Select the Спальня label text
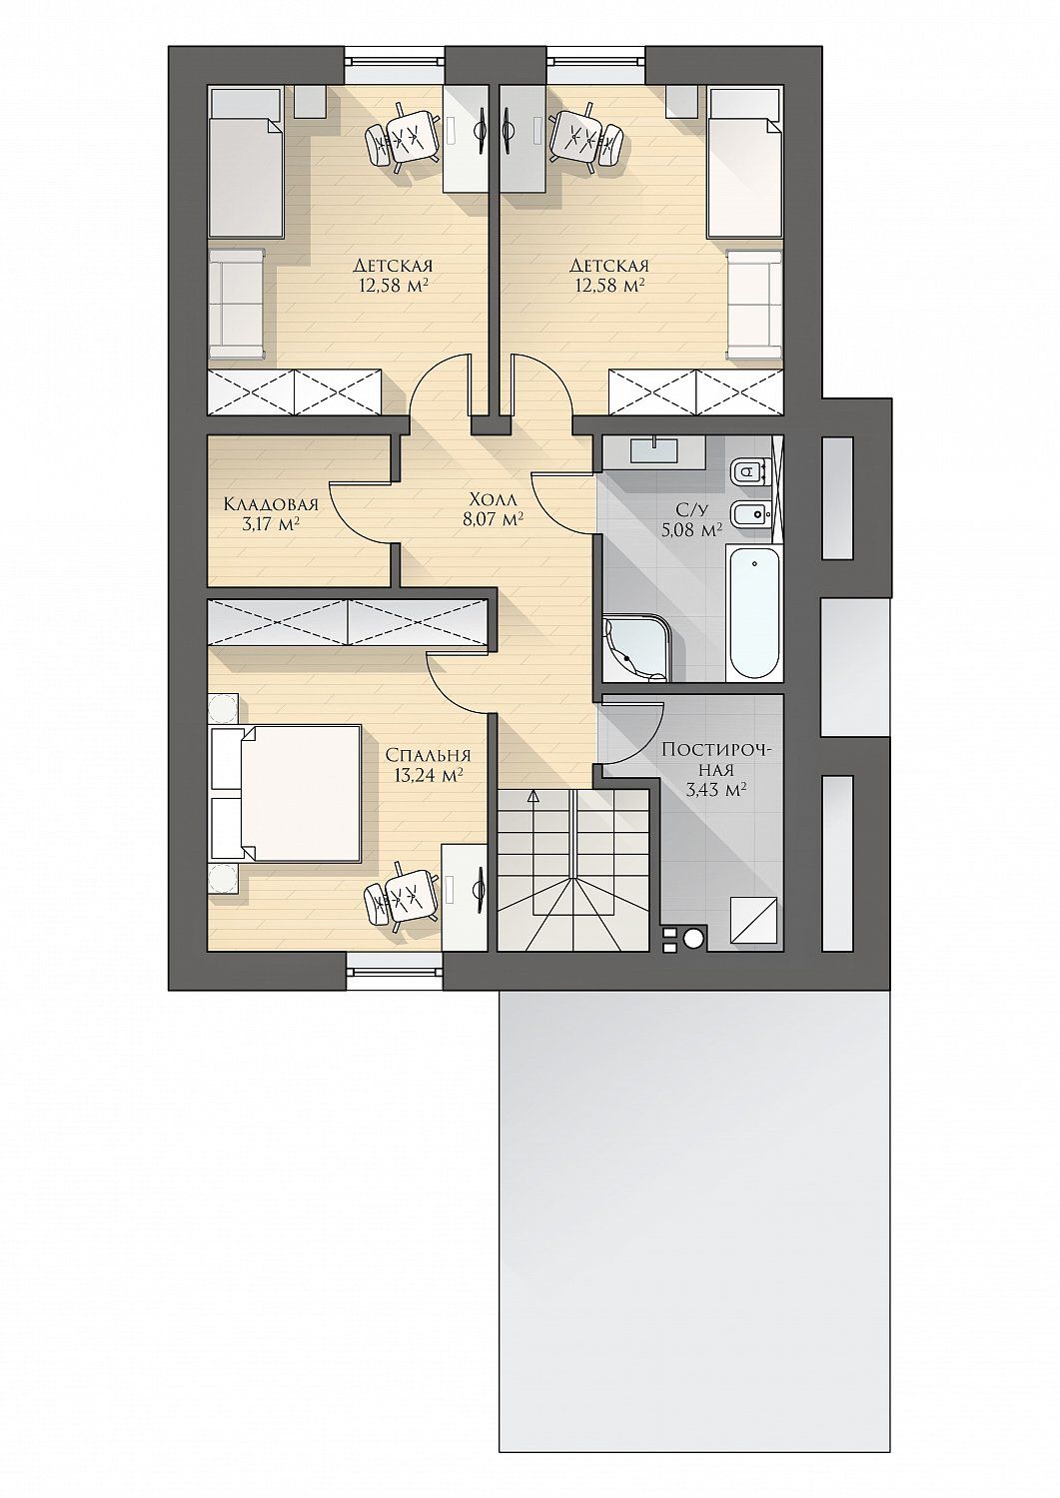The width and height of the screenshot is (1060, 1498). point(429,755)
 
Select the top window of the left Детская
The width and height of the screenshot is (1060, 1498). point(395,64)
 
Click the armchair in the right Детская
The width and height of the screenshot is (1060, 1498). point(755,305)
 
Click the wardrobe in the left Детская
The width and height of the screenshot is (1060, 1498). point(295,391)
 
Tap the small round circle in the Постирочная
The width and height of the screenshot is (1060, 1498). point(694,939)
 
